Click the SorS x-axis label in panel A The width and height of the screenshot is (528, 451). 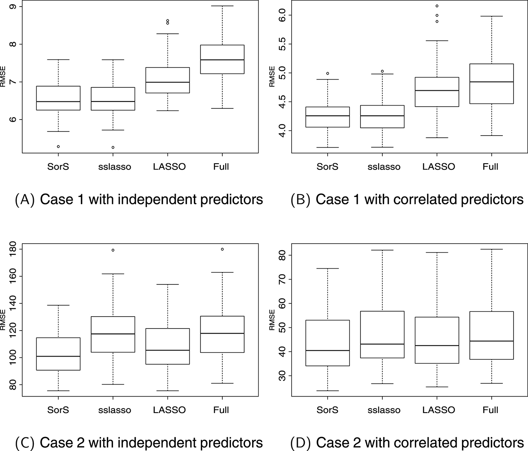pyautogui.click(x=58, y=167)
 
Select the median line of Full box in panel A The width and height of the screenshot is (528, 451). pyautogui.click(x=222, y=60)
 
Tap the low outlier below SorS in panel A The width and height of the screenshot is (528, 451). pyautogui.click(x=58, y=146)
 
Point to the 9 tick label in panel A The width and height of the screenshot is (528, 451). pyautogui.click(x=13, y=7)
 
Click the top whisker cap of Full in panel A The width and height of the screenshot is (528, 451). pyautogui.click(x=222, y=6)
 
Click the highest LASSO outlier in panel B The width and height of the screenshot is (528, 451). pyautogui.click(x=437, y=6)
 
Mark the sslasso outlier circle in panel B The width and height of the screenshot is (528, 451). pyautogui.click(x=382, y=71)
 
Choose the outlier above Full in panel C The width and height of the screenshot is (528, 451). pyautogui.click(x=222, y=249)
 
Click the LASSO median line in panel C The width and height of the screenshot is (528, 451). pyautogui.click(x=167, y=350)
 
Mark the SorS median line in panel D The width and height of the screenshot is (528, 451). pyautogui.click(x=328, y=350)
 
